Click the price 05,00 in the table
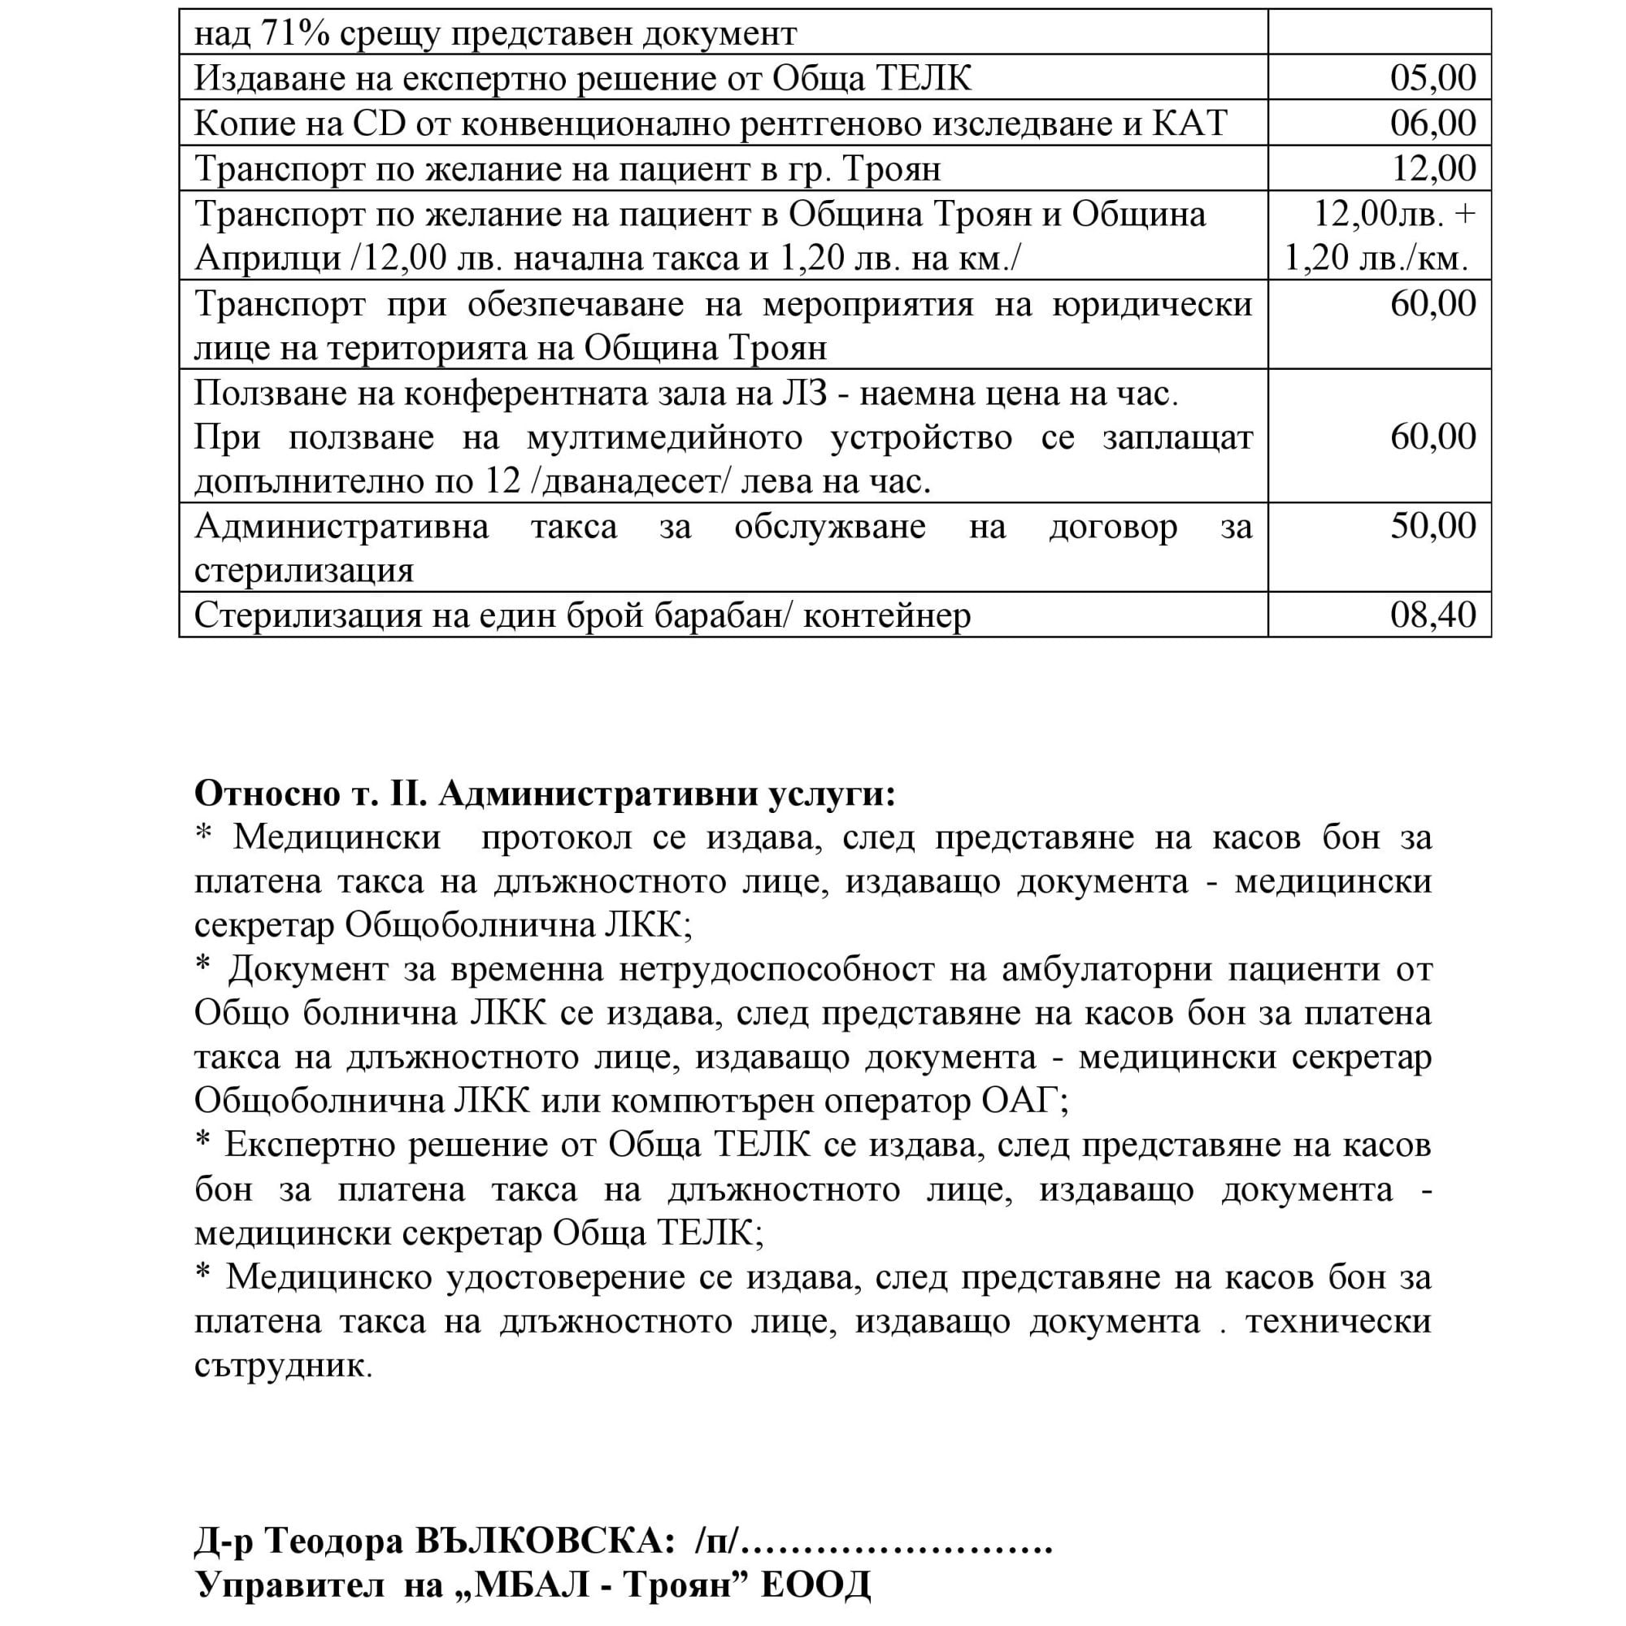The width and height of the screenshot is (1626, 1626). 1433,78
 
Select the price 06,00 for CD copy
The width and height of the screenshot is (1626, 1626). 1433,124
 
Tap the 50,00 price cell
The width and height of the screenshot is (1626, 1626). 1433,526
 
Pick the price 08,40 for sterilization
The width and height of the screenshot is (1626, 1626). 1433,615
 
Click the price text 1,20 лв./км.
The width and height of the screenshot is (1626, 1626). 1377,259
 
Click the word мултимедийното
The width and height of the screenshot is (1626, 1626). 664,437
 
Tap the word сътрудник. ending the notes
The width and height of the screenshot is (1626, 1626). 283,1364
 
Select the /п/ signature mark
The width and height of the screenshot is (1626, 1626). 718,1541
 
